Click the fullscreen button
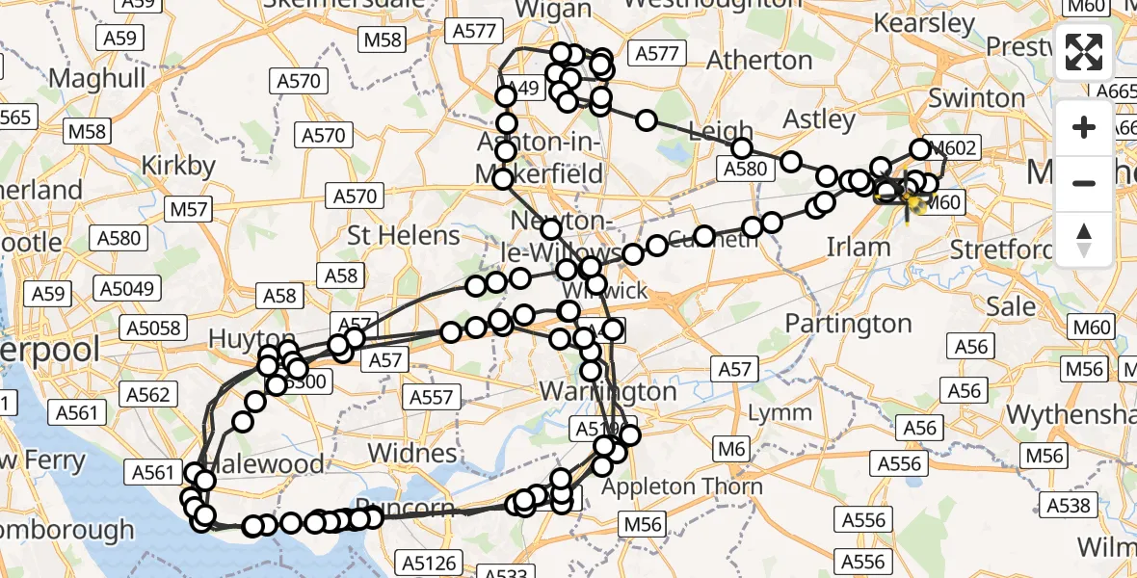1084,53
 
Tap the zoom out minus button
1084,183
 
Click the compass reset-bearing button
1084,239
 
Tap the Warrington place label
608,392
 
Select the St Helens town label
404,235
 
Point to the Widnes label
412,453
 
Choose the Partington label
849,323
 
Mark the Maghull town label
97,77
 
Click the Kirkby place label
178,166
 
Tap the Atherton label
760,61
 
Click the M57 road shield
188,208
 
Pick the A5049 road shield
127,287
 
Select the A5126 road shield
431,562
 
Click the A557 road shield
431,397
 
